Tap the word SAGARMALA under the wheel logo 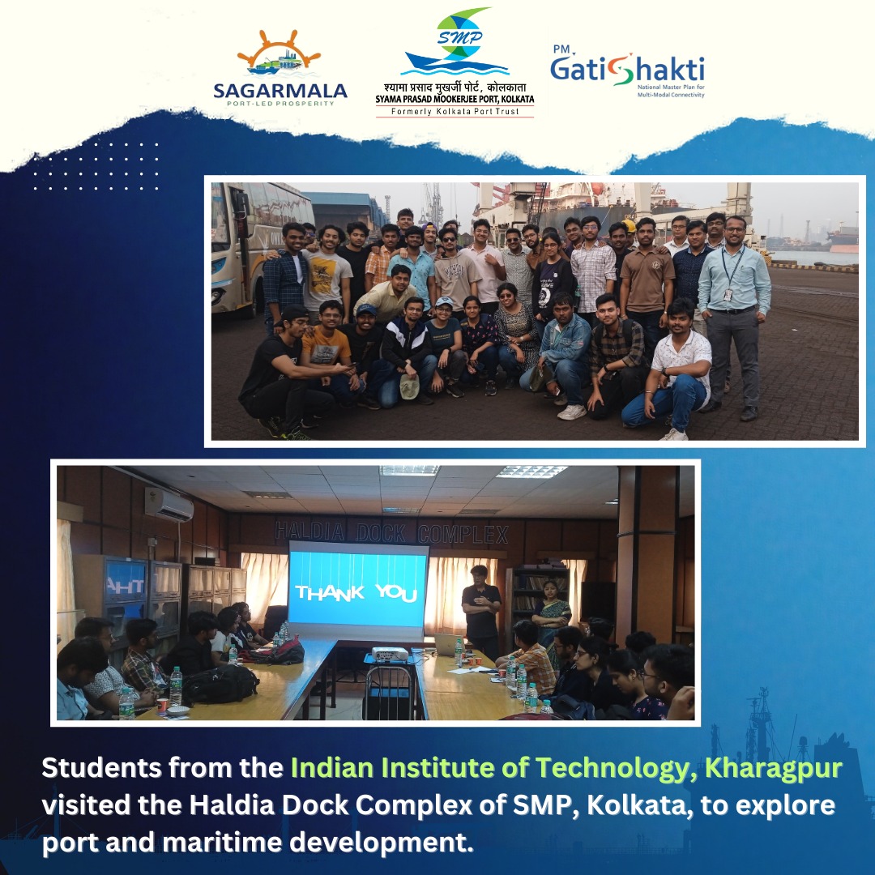[280, 91]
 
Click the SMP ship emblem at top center [455, 45]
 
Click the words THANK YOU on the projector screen [356, 592]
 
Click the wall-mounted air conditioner [169, 504]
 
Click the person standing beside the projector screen [481, 608]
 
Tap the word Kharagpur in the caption [774, 768]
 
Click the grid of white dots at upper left [96, 166]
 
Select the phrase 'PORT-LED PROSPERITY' [280, 104]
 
